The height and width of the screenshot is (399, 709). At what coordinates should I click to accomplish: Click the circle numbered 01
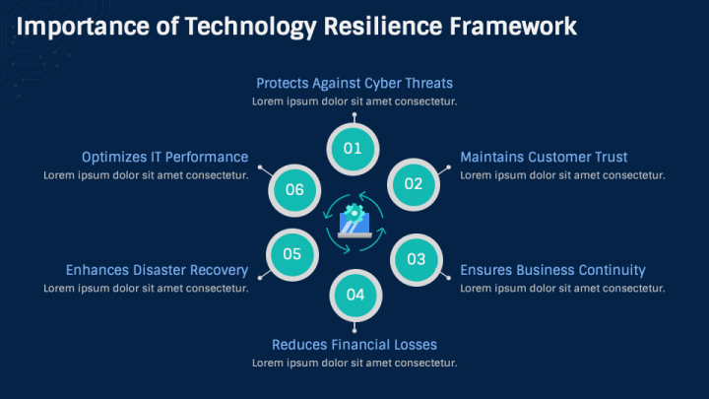pyautogui.click(x=354, y=149)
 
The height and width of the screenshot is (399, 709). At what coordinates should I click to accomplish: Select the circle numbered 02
pyautogui.click(x=414, y=183)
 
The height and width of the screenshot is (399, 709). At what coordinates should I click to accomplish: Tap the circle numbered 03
pyautogui.click(x=416, y=260)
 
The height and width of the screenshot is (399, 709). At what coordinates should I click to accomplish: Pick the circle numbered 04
pyautogui.click(x=354, y=295)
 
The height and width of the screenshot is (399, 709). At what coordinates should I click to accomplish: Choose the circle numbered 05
pyautogui.click(x=292, y=254)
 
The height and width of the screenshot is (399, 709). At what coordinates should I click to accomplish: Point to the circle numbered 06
pyautogui.click(x=294, y=189)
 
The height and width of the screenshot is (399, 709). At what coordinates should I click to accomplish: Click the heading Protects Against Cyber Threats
pyautogui.click(x=354, y=83)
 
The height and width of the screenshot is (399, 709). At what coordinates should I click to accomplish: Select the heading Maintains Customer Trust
pyautogui.click(x=544, y=157)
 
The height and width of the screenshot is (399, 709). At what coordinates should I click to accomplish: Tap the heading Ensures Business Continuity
pyautogui.click(x=552, y=270)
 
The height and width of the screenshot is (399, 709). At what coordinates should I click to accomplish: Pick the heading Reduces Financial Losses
pyautogui.click(x=354, y=344)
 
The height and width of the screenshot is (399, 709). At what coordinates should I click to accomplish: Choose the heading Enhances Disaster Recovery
pyautogui.click(x=157, y=270)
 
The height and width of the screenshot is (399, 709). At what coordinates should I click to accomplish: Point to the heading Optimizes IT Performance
pyautogui.click(x=164, y=157)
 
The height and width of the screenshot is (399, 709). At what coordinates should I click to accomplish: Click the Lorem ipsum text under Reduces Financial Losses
pyautogui.click(x=354, y=363)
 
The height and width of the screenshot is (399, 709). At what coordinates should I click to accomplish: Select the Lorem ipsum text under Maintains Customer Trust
pyautogui.click(x=562, y=175)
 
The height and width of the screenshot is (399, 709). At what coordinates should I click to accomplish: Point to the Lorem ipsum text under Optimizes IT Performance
pyautogui.click(x=146, y=175)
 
